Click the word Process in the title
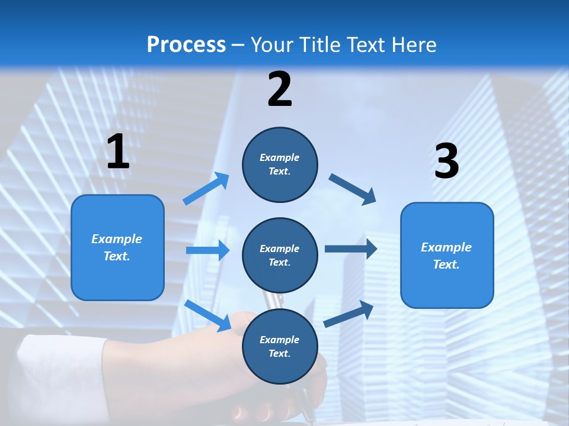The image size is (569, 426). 186,44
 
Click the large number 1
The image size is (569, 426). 118,151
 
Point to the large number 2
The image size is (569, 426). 280,89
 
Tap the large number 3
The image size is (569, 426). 446,162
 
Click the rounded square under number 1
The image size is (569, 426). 117,247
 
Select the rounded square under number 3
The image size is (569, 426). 447,255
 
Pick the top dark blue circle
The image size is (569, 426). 280,164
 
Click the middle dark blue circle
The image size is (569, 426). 280,255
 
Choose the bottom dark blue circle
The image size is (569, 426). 280,346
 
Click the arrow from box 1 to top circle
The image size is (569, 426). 206,189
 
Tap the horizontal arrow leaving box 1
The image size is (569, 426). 207,250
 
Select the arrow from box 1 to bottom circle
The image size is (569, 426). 207,315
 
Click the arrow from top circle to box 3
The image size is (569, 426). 353,189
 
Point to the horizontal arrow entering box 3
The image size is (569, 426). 351,248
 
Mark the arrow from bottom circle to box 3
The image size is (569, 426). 349,314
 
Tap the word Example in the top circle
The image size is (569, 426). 280,157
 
